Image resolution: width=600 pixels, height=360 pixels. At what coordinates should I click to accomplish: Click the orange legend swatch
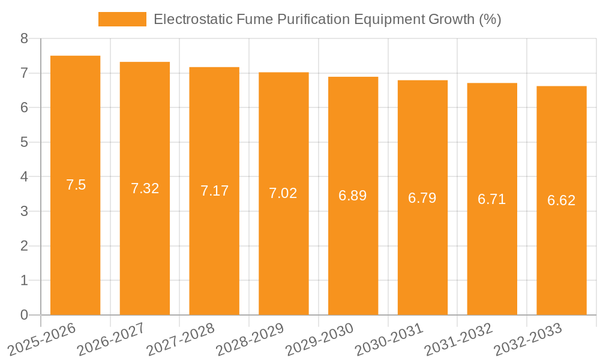122,19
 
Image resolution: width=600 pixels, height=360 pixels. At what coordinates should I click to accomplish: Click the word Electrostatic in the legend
190,19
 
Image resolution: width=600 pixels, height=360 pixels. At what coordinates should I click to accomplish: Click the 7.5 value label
76,185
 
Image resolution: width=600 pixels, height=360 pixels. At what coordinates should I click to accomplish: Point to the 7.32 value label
145,188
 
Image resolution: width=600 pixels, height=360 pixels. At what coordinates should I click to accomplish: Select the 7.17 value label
214,191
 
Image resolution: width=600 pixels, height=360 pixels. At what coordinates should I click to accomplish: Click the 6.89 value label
353,196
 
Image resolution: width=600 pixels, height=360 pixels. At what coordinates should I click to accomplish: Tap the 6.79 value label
422,198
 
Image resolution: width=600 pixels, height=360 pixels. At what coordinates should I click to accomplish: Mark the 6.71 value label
492,199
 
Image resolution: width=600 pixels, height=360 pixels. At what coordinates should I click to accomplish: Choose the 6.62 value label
562,200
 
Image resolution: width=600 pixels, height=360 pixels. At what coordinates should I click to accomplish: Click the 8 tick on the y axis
24,39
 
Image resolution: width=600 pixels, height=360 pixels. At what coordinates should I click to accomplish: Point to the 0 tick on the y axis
24,315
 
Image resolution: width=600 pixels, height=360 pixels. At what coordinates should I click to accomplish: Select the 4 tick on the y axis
24,177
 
